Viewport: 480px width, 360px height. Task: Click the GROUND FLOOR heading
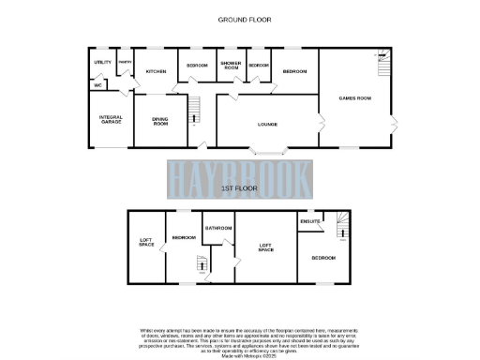coord(239,19)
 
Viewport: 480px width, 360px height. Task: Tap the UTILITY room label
coord(102,62)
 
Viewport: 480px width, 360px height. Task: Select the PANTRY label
coord(124,63)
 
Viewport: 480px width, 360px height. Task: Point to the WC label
coord(97,84)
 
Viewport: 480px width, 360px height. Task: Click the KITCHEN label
coord(156,70)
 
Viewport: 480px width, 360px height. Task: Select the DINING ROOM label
coord(160,122)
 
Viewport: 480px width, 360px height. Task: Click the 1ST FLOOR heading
coord(239,189)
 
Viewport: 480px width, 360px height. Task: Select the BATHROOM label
coord(218,228)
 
